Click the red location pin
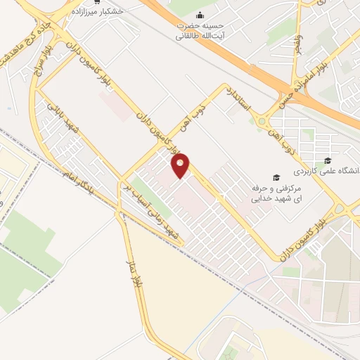(x=181, y=166)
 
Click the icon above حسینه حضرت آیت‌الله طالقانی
(x=201, y=15)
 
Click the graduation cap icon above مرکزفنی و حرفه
(x=276, y=177)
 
